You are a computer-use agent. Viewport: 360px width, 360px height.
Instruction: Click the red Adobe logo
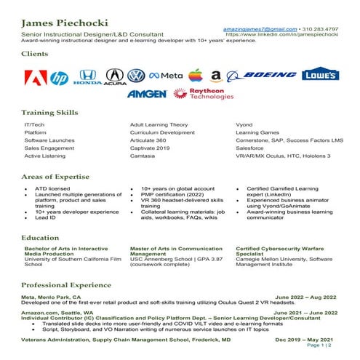click(x=33, y=78)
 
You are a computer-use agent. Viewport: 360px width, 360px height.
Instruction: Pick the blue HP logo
click(x=60, y=78)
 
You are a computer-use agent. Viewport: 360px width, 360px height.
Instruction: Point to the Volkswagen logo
click(x=136, y=76)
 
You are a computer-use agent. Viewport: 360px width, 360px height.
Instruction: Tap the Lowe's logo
click(x=320, y=74)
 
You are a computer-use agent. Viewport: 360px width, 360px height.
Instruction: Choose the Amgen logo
click(x=148, y=94)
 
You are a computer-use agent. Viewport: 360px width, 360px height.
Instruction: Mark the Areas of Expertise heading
click(x=59, y=177)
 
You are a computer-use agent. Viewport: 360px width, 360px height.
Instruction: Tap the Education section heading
click(x=41, y=238)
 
